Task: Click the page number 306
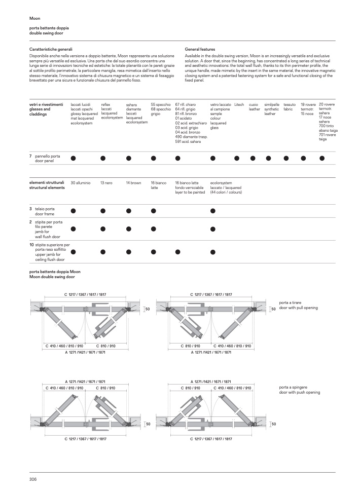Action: [33, 479]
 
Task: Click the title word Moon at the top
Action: [34, 18]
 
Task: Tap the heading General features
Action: [200, 49]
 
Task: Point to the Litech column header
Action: [239, 104]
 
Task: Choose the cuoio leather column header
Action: [254, 106]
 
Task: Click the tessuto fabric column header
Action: [290, 106]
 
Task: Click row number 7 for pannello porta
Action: [31, 156]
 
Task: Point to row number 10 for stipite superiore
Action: [31, 245]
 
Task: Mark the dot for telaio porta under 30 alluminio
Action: [73, 210]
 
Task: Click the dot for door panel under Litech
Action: [236, 159]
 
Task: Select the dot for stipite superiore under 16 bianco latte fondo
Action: [177, 252]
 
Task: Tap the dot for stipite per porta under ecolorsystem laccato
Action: [212, 229]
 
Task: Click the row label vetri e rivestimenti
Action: [47, 104]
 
